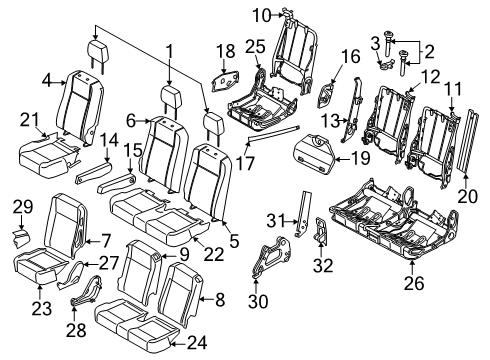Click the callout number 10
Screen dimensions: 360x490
pos(261,15)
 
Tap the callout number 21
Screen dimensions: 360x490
pos(28,120)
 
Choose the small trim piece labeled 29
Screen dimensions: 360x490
pos(22,238)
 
